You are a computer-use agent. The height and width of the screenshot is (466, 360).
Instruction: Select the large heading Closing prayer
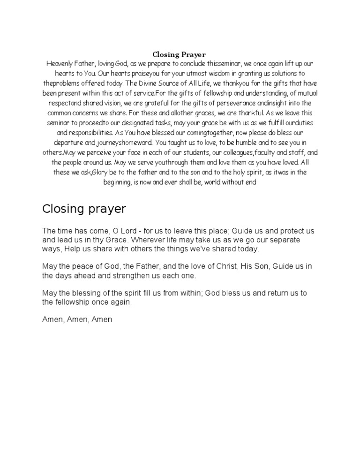click(x=84, y=209)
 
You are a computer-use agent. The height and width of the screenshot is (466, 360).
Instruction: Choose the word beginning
click(x=117, y=182)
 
